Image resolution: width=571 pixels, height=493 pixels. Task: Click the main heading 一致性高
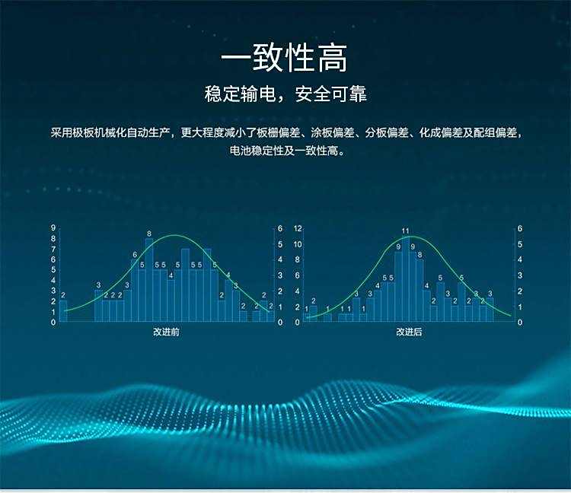(x=285, y=58)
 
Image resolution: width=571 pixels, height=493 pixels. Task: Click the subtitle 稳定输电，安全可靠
(x=285, y=94)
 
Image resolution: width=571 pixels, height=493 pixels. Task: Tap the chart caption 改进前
(x=166, y=332)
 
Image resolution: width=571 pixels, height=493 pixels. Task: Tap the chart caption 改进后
(x=409, y=332)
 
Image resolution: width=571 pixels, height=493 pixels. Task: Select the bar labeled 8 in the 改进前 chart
(x=149, y=280)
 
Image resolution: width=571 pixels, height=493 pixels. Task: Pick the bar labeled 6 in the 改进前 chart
(x=135, y=291)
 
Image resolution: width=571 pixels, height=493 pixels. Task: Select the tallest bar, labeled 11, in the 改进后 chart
(x=406, y=279)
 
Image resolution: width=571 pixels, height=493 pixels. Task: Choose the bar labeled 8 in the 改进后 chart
(x=419, y=291)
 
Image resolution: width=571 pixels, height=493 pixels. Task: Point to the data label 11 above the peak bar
(x=405, y=231)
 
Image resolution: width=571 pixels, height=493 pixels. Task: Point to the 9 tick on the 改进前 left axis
(x=53, y=228)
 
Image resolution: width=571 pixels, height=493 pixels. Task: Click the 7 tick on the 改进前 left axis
(x=53, y=250)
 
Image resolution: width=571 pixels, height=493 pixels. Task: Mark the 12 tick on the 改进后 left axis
(x=298, y=228)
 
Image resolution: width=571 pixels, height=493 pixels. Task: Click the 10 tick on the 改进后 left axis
(x=298, y=244)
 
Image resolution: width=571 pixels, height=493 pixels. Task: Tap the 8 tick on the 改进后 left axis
(x=298, y=259)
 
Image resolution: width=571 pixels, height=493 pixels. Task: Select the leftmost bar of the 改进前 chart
(x=63, y=311)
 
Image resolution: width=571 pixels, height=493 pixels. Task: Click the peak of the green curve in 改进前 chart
(x=175, y=235)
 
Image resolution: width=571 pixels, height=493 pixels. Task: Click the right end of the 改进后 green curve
(x=511, y=316)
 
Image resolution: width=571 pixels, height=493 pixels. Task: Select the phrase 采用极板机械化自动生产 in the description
(x=110, y=132)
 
